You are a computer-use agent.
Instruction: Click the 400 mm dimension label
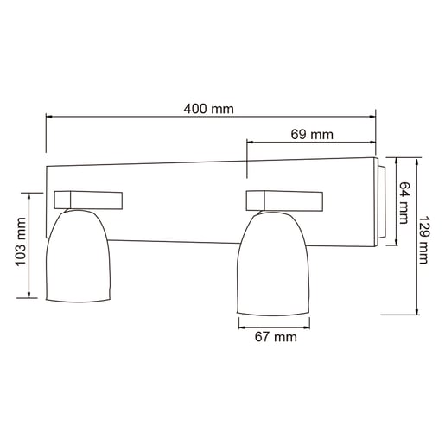click(209, 110)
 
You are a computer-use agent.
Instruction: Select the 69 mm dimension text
click(312, 134)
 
